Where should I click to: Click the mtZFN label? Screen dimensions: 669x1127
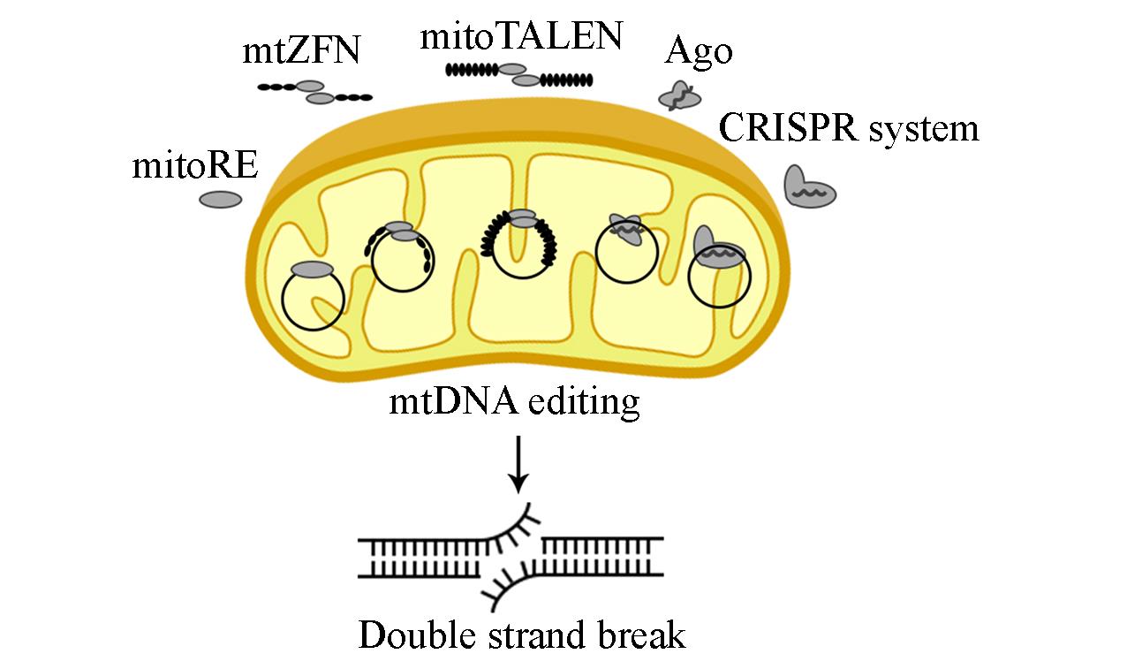tap(301, 50)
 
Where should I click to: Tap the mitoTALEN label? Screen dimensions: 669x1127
tap(521, 36)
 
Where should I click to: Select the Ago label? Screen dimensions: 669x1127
tap(698, 52)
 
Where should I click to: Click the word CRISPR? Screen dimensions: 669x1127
tap(787, 127)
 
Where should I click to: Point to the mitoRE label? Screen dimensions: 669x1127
tap(194, 165)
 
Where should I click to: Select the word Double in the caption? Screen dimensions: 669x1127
tap(409, 635)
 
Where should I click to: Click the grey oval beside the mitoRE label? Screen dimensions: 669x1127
tap(221, 201)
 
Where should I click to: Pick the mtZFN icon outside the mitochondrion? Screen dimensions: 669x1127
tap(314, 92)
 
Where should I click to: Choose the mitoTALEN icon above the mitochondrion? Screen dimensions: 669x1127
tap(519, 74)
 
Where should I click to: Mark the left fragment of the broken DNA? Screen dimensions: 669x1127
tap(424, 557)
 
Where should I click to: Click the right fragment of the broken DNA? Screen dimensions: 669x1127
tap(601, 557)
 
